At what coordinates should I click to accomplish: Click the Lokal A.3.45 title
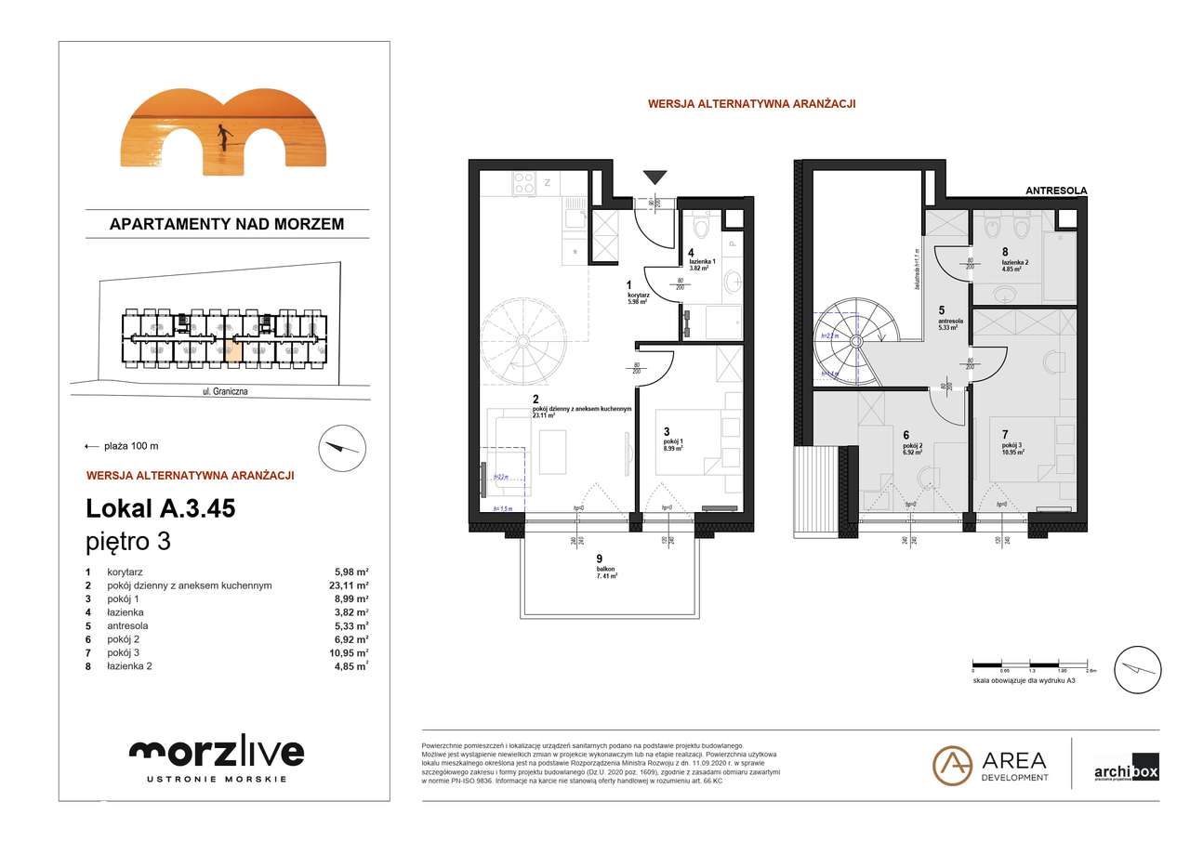(x=160, y=508)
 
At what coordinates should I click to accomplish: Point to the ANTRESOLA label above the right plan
(x=1055, y=191)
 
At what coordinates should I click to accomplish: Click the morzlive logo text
(x=217, y=752)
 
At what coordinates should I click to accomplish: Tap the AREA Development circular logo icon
(x=952, y=765)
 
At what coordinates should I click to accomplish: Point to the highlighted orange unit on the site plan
(x=233, y=350)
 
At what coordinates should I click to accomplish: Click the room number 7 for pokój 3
(x=1004, y=434)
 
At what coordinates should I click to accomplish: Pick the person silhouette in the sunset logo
(x=223, y=137)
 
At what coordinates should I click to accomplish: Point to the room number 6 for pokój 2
(x=905, y=432)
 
